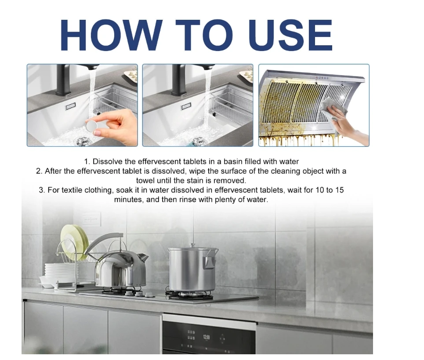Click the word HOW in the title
click(x=112, y=35)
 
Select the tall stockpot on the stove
click(x=192, y=269)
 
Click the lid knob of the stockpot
click(x=192, y=245)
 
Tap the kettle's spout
click(x=142, y=257)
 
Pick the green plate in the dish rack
click(x=72, y=241)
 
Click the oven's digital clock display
click(x=207, y=337)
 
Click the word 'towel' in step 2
click(x=145, y=180)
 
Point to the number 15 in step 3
click(x=339, y=190)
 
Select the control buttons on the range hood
click(x=322, y=78)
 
